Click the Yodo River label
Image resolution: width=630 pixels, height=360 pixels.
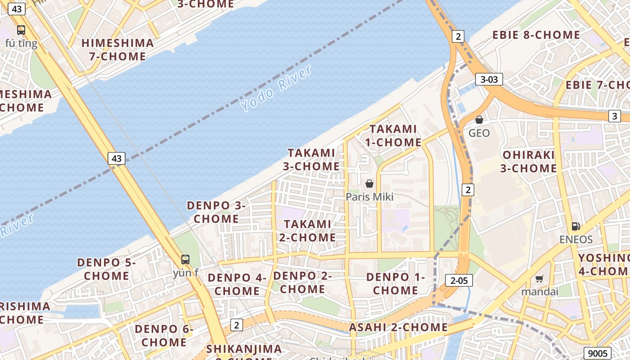coord(276,89)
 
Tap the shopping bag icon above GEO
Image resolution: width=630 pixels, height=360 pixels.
coord(479,120)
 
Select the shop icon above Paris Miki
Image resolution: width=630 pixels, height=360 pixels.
coord(369,184)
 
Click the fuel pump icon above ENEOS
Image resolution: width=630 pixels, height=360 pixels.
coord(576,226)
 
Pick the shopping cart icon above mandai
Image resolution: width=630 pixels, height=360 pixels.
coord(539,279)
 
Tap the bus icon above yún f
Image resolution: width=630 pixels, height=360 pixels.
coord(185,259)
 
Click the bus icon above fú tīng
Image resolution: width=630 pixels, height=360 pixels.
coord(21,30)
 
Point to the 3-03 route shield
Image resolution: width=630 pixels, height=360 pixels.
coord(489,80)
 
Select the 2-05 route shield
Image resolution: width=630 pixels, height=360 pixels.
coord(459,280)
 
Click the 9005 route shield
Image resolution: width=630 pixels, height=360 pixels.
coord(598,353)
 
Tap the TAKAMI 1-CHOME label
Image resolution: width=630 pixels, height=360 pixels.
coord(393,135)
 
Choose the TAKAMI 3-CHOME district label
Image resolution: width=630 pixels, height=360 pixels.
coord(311,159)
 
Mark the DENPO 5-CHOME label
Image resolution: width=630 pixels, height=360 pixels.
coord(107,269)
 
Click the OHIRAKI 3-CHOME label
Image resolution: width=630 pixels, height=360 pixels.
coord(529,162)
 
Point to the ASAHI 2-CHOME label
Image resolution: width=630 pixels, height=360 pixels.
coord(399,327)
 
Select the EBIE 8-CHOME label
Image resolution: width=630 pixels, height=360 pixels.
coord(536,35)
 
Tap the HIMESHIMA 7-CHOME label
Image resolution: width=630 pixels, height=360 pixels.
coord(117,49)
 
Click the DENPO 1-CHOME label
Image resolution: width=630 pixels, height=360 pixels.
coord(396,283)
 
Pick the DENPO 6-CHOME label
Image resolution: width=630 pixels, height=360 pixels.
coord(164,336)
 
